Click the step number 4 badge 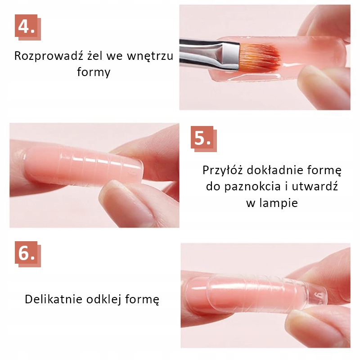click(x=28, y=27)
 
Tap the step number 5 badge click(x=204, y=139)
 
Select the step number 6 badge click(x=28, y=254)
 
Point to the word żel click(x=95, y=56)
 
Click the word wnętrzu click(x=150, y=56)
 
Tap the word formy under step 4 click(x=94, y=72)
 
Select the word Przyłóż click(x=222, y=171)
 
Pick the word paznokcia click(x=252, y=187)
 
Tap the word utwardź click(x=315, y=186)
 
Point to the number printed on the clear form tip click(x=321, y=296)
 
